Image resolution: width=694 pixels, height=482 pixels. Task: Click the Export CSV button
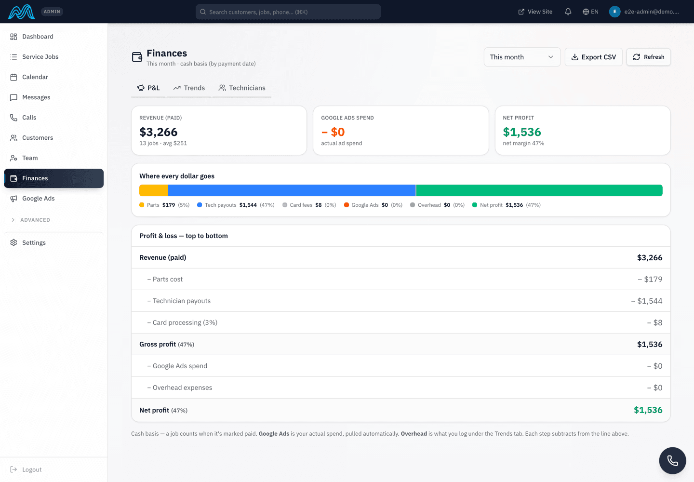593,57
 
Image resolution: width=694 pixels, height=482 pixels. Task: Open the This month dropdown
522,57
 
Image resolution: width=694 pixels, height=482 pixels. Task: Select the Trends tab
189,88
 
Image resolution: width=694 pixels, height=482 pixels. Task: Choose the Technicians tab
242,88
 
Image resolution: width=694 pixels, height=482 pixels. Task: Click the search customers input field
288,12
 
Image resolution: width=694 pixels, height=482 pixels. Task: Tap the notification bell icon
568,12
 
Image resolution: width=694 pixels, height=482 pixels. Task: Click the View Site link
535,12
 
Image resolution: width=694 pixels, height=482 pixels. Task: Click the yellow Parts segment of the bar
154,190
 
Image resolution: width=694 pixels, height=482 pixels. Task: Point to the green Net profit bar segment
539,190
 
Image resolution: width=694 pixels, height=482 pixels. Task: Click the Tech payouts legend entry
236,205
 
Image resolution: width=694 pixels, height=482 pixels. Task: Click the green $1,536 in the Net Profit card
522,132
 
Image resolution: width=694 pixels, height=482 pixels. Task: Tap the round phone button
672,460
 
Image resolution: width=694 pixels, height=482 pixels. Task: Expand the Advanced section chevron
13,220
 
